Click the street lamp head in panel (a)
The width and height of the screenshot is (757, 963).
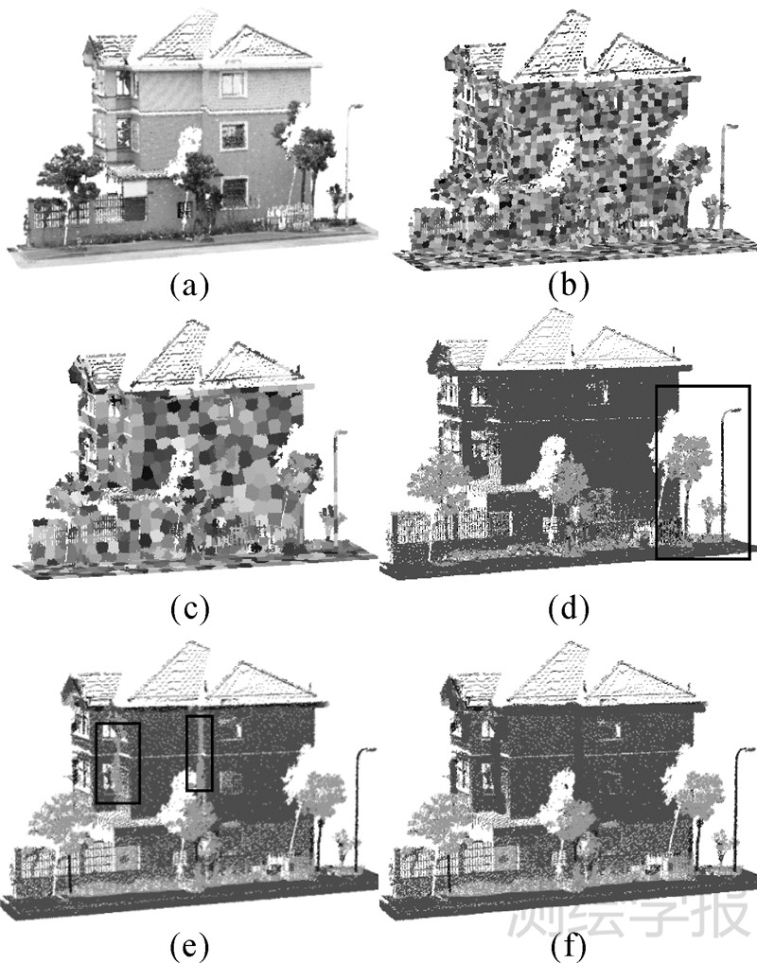355,107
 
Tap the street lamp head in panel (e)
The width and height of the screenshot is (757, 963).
367,751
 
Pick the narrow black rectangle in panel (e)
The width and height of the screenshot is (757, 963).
199,753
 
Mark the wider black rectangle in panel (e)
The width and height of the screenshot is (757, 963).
118,763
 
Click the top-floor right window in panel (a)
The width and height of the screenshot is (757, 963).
233,84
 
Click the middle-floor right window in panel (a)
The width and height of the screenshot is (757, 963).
233,135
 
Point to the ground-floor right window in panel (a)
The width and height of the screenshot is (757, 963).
234,191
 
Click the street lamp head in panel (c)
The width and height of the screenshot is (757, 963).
341,433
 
